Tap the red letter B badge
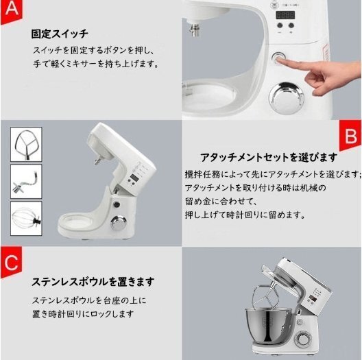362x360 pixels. click(x=350, y=136)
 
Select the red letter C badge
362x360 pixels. click(x=11, y=263)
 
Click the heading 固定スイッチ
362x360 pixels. click(x=60, y=34)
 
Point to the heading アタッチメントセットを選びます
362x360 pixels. click(x=269, y=158)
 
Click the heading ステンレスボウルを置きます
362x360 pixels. click(x=93, y=282)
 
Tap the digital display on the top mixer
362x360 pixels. click(x=285, y=15)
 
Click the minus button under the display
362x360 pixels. click(x=280, y=25)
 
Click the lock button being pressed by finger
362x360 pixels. click(x=278, y=58)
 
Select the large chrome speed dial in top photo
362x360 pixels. click(x=286, y=98)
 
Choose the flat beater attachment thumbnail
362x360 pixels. click(x=26, y=144)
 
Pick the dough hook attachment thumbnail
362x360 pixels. click(x=26, y=181)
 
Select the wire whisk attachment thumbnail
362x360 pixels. click(x=26, y=218)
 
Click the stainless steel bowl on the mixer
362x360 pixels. click(x=268, y=324)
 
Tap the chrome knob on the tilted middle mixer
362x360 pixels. click(x=119, y=224)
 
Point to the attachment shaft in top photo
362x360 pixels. click(x=195, y=29)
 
